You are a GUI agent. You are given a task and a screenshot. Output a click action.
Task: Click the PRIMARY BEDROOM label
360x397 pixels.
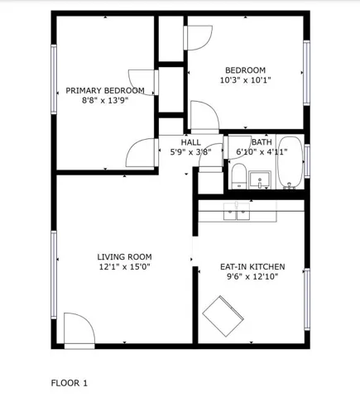click(x=105, y=90)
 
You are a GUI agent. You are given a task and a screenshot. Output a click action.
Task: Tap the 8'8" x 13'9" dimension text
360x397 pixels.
click(x=105, y=100)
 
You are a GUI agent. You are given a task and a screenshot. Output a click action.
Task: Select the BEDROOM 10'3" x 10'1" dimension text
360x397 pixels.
click(x=245, y=80)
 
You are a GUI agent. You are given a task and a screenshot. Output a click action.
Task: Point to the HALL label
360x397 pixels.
click(x=191, y=142)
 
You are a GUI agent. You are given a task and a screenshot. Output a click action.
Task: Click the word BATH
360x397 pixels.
click(x=262, y=142)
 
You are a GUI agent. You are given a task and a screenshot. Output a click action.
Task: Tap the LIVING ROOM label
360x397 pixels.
click(x=124, y=257)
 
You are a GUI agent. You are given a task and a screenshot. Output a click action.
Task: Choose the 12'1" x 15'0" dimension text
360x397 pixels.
click(x=124, y=266)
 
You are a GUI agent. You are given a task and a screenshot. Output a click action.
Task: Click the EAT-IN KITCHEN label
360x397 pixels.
click(x=252, y=266)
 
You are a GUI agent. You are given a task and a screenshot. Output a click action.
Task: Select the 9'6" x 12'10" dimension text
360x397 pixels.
click(x=252, y=276)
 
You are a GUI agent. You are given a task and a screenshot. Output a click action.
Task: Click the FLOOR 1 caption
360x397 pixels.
click(x=70, y=383)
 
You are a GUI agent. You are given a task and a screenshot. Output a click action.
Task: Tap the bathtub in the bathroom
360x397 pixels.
click(x=290, y=163)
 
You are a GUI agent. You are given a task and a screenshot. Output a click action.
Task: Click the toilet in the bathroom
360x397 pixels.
click(x=239, y=176)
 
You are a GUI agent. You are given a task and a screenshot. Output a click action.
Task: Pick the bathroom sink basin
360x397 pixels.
click(x=260, y=180)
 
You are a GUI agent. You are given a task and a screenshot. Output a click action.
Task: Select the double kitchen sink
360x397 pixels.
click(x=237, y=212)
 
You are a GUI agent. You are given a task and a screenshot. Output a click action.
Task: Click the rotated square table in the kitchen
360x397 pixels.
click(x=223, y=316)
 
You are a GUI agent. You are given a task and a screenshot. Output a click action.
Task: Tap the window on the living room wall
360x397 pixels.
click(x=54, y=275)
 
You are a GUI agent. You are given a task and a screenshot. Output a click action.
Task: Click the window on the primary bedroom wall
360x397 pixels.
click(x=54, y=79)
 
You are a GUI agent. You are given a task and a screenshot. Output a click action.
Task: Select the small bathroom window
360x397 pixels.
click(x=307, y=161)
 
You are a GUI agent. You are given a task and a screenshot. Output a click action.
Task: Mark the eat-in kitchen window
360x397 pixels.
click(x=307, y=299)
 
